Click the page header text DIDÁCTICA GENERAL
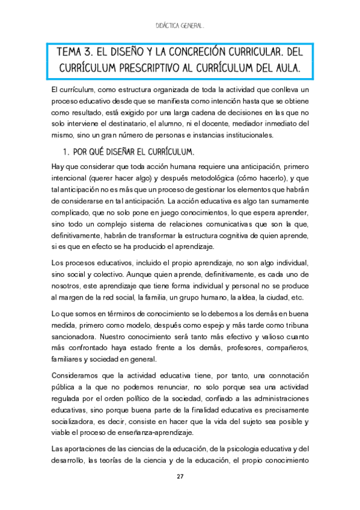coord(180,26)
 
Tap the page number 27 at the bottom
coord(180,477)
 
